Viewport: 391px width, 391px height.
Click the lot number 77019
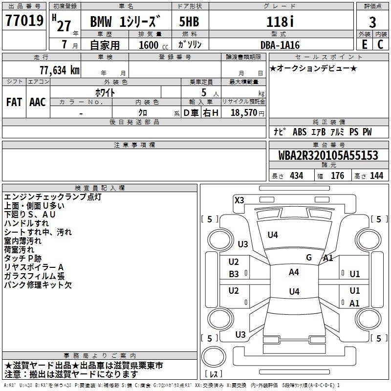pos(24,20)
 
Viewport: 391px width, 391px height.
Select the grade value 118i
pos(280,22)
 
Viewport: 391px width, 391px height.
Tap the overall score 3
pos(372,22)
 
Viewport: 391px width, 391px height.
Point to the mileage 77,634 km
pos(60,70)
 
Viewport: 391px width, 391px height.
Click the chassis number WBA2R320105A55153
pos(328,155)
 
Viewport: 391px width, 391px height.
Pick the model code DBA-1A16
pos(280,45)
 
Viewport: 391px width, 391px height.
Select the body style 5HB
pos(189,22)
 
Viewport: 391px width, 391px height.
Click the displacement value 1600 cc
pos(153,45)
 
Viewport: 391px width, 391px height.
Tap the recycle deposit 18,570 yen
pos(247,112)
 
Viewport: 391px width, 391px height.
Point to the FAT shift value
pos(14,102)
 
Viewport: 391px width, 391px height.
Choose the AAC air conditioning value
pos(38,102)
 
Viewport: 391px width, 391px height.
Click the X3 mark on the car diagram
pos(239,200)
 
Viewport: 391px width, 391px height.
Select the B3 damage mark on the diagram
pos(234,274)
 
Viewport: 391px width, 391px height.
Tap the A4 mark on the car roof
pos(294,272)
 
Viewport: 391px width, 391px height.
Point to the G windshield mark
pos(309,257)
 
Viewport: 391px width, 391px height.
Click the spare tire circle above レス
pos(214,357)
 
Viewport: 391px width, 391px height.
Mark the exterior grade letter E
pos(364,44)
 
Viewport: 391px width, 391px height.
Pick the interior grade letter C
pos(380,44)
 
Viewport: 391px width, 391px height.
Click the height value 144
pos(376,175)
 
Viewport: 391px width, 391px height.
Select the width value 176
pos(337,175)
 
